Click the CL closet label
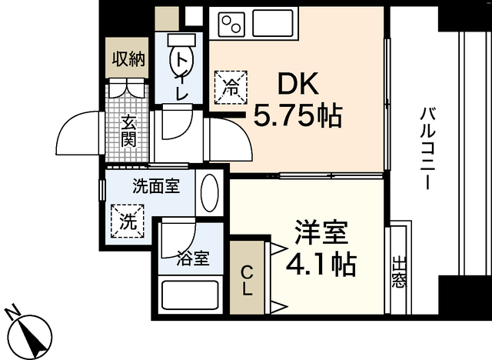[247, 281]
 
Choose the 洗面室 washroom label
[156, 186]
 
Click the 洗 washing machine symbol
[129, 222]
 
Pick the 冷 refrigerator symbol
[231, 87]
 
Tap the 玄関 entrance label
[128, 132]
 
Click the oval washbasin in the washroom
[209, 192]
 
